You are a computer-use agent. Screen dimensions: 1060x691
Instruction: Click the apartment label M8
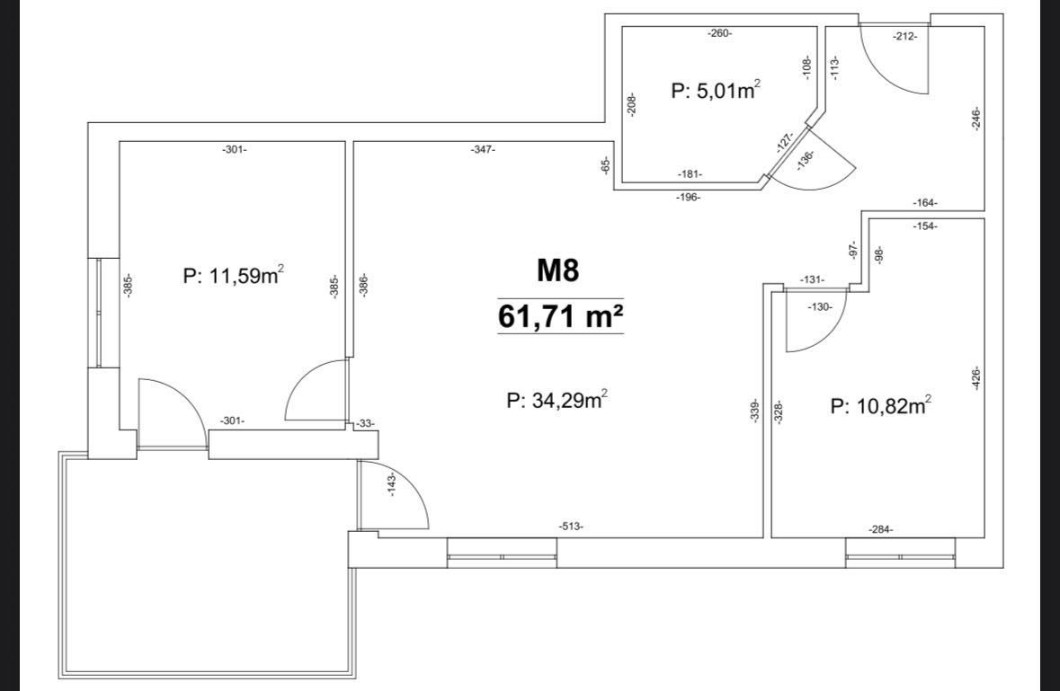point(558,270)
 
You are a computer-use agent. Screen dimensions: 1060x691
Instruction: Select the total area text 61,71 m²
point(560,316)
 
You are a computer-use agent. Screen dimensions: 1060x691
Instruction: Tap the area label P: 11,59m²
point(233,275)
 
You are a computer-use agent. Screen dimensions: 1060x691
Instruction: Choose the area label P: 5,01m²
point(716,90)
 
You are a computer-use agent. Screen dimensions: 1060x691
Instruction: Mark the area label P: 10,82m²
point(881,406)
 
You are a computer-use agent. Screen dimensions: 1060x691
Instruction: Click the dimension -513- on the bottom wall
point(571,527)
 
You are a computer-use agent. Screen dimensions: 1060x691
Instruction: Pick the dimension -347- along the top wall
point(483,149)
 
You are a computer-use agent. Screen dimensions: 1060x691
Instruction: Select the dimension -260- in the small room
point(720,33)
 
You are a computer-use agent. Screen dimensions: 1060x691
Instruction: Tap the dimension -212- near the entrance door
point(904,37)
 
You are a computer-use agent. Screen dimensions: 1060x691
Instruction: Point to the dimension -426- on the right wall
point(975,378)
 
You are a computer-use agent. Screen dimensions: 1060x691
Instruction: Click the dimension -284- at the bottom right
point(881,529)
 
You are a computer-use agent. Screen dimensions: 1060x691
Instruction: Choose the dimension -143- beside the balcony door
point(392,485)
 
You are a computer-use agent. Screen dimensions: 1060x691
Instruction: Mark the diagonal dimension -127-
point(785,142)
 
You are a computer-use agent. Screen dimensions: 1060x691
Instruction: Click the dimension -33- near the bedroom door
point(365,423)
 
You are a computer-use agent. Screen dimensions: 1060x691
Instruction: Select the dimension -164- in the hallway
point(925,203)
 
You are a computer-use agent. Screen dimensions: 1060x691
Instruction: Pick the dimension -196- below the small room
point(688,197)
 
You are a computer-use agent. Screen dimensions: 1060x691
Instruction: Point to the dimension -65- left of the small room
point(606,164)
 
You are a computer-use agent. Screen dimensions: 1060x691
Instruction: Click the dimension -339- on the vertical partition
point(755,412)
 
